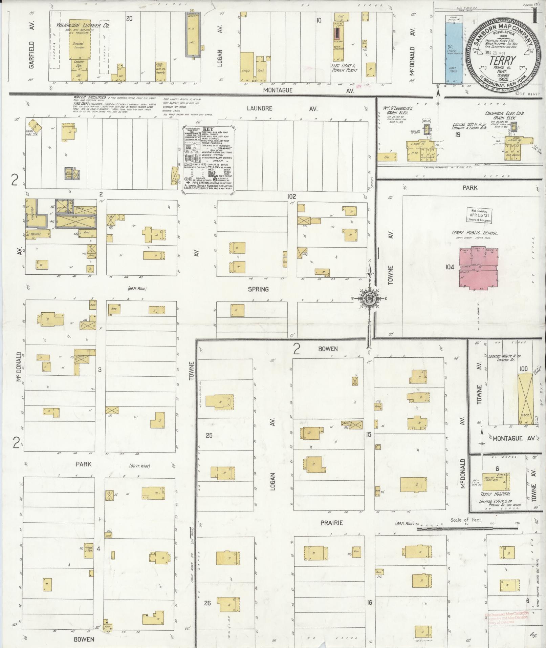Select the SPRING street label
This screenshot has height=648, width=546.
[x=258, y=289]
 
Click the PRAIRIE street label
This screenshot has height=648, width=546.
[x=331, y=523]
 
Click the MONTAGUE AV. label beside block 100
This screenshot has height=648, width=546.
[x=513, y=438]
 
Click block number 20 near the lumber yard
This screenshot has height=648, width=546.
[x=129, y=18]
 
